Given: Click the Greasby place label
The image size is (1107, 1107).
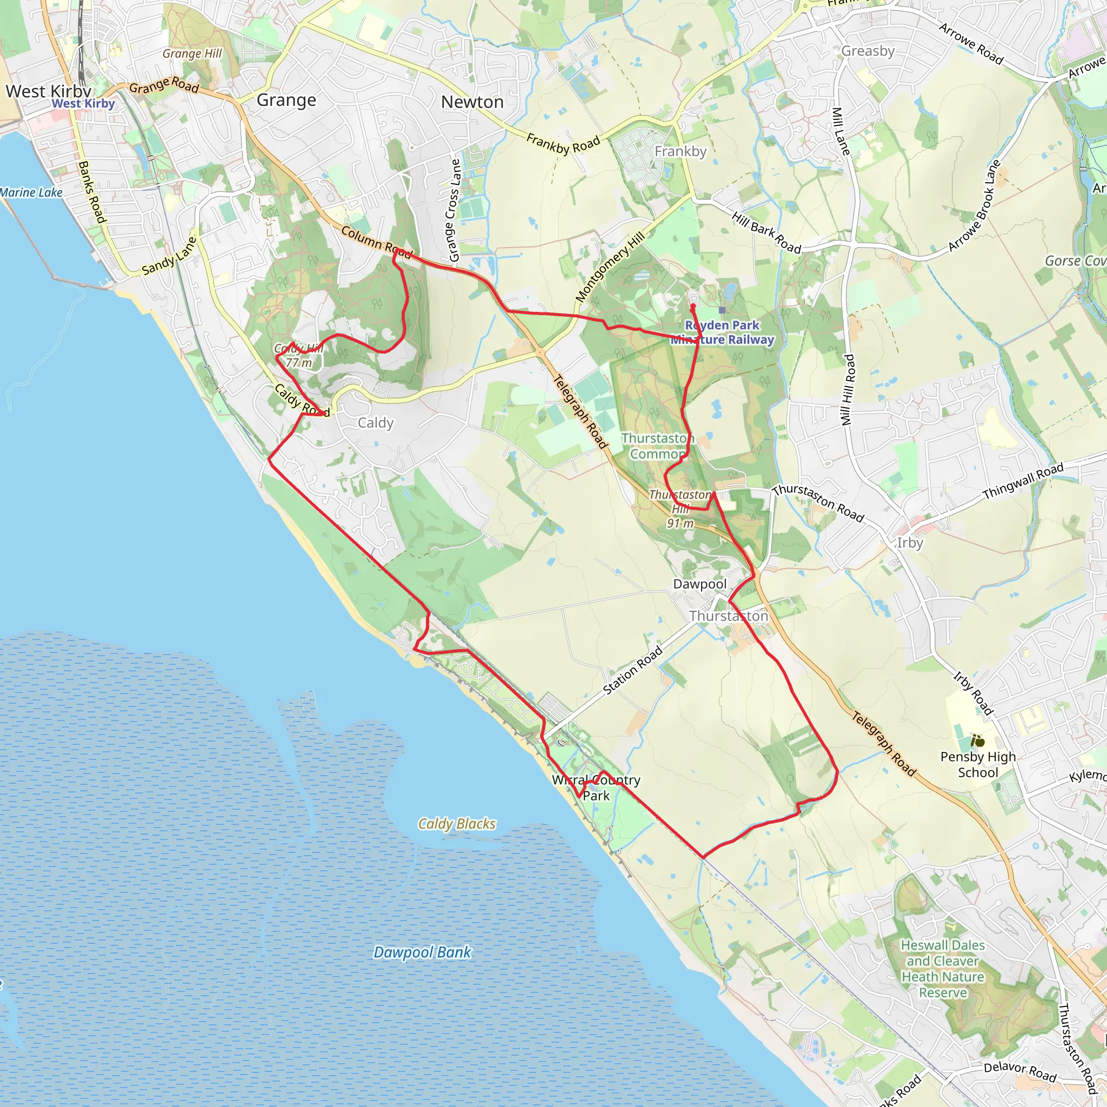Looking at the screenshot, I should click(x=868, y=51).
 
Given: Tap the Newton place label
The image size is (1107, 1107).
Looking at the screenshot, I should click(x=472, y=102).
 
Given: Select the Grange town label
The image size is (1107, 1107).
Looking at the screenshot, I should click(x=286, y=101).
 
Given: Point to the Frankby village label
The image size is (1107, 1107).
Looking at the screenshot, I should click(x=680, y=151).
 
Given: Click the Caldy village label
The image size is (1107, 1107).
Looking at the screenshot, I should click(x=375, y=423).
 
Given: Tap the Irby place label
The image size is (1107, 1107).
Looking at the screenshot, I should click(x=909, y=543).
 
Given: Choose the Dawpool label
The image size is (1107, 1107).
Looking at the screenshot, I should click(x=699, y=584).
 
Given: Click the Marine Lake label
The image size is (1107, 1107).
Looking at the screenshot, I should click(x=31, y=192).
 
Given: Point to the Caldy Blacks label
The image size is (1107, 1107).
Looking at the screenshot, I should click(x=456, y=823).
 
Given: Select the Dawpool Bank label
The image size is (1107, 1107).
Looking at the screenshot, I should click(x=422, y=952).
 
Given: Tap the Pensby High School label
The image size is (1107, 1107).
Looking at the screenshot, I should click(x=977, y=764).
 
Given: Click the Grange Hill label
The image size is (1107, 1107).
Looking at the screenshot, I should click(x=192, y=54).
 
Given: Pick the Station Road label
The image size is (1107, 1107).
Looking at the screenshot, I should click(x=632, y=670).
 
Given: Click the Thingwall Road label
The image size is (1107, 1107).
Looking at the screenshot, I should click(x=1023, y=481).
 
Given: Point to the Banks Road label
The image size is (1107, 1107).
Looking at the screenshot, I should click(x=92, y=192).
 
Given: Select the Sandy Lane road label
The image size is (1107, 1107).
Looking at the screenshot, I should click(x=169, y=256).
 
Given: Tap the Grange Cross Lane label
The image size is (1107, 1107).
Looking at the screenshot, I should click(x=454, y=210).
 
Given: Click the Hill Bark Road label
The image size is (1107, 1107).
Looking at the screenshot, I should click(x=765, y=232).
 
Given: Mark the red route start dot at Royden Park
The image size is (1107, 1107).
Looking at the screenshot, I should click(x=692, y=306).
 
